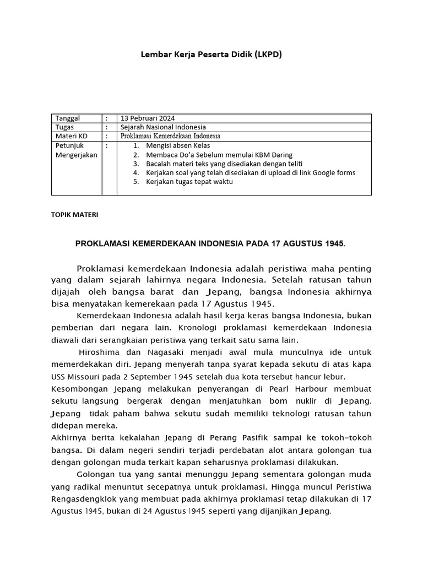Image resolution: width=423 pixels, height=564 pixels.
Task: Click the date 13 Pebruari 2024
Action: pyautogui.click(x=148, y=118)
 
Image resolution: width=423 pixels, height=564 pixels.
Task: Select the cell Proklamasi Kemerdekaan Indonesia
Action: pyautogui.click(x=170, y=136)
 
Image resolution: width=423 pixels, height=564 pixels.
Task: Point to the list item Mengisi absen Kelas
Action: pyautogui.click(x=178, y=146)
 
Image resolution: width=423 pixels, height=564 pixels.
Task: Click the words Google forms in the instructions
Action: pyautogui.click(x=335, y=172)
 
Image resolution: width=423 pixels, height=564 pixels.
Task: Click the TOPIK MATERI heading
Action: pyautogui.click(x=74, y=215)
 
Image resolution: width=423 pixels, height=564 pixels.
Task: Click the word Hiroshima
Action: pyautogui.click(x=99, y=352)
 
